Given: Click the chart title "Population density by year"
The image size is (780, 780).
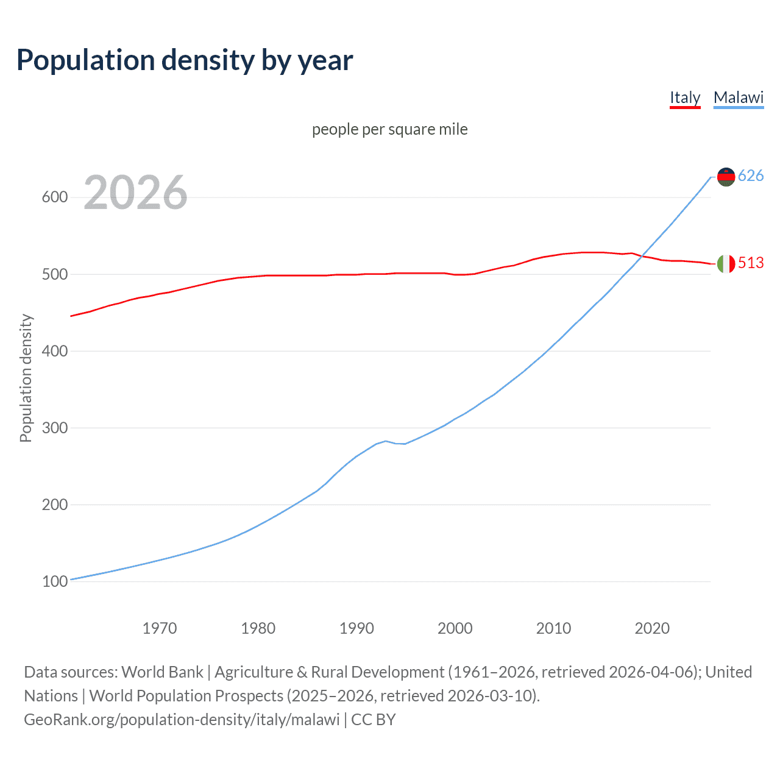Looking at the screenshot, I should pyautogui.click(x=185, y=60).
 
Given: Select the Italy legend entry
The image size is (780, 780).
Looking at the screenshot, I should pyautogui.click(x=685, y=97).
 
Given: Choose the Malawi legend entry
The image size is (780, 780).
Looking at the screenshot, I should pyautogui.click(x=738, y=97).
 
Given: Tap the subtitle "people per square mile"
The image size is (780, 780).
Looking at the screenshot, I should pyautogui.click(x=389, y=129).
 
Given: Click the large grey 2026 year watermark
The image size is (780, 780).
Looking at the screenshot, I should pyautogui.click(x=135, y=193).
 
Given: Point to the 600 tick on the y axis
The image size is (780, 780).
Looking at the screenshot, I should pyautogui.click(x=54, y=197).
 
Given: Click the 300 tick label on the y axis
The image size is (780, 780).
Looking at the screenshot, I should pyautogui.click(x=54, y=428).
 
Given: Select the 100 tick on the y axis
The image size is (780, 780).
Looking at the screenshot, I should pyautogui.click(x=54, y=581).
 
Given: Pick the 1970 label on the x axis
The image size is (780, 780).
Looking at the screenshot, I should pyautogui.click(x=159, y=628).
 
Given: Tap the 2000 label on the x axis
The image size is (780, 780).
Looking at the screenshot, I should pyautogui.click(x=455, y=628).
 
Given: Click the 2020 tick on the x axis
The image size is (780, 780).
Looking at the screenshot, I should pyautogui.click(x=652, y=628).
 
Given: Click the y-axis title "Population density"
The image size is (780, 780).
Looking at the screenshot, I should pyautogui.click(x=26, y=378).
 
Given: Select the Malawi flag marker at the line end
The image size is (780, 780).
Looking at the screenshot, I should pyautogui.click(x=726, y=177).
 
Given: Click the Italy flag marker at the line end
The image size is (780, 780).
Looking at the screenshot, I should pyautogui.click(x=726, y=264).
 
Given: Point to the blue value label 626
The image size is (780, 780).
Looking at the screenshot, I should pyautogui.click(x=751, y=176).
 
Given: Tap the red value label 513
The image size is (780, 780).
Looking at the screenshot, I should pyautogui.click(x=751, y=263).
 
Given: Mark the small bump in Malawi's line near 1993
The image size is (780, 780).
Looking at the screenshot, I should pyautogui.click(x=386, y=441).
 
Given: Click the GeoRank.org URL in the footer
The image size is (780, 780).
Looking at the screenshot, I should pyautogui.click(x=182, y=720).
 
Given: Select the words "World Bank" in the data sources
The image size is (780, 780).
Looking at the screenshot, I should pyautogui.click(x=162, y=672).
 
